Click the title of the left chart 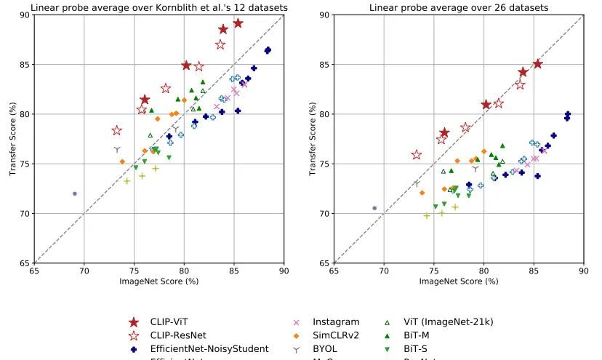tap(158, 8)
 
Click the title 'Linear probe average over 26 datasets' tap(458, 8)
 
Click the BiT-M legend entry tap(414, 335)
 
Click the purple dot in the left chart tap(75, 193)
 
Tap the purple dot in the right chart tap(374, 208)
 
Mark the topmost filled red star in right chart tap(537, 64)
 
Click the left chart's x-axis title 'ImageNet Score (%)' tap(158, 281)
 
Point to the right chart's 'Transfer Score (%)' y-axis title tap(312, 138)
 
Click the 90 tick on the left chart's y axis tap(25, 15)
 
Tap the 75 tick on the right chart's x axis tap(433, 271)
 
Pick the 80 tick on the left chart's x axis tap(183, 271)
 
